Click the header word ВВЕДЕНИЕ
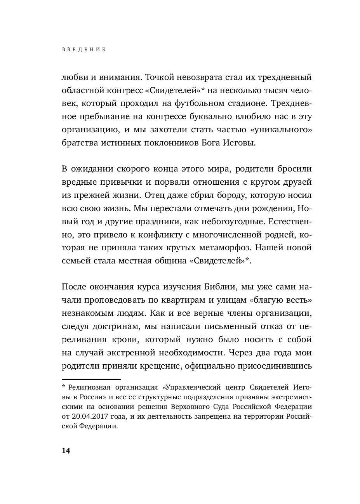click(83, 50)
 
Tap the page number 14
click(66, 450)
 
